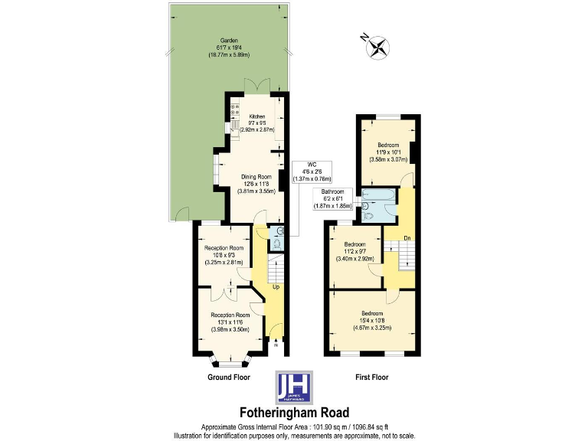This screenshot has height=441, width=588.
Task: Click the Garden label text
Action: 230,47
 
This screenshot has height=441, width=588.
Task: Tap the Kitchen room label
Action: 256,123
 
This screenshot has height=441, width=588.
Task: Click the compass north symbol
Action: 377,47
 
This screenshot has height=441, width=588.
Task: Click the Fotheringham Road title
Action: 293,411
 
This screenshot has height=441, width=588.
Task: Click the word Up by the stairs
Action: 276,287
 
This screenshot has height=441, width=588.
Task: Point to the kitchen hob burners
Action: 233,110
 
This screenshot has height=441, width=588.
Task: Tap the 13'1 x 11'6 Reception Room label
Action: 231,322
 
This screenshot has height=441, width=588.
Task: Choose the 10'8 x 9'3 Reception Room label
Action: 224,255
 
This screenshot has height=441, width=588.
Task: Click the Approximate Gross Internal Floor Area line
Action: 293,426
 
